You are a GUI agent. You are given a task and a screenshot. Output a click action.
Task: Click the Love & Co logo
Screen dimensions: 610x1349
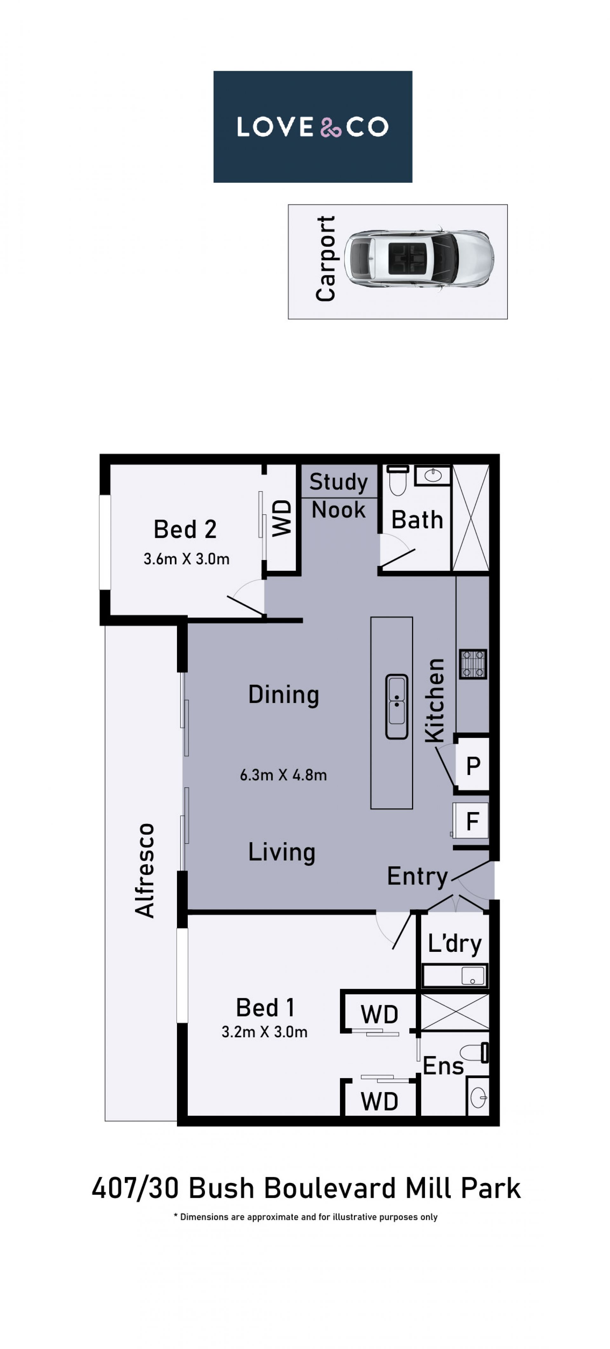coord(312,127)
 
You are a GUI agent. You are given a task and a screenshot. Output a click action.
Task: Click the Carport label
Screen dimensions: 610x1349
coord(325,259)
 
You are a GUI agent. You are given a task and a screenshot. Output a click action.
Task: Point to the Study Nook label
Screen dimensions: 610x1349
coord(339,495)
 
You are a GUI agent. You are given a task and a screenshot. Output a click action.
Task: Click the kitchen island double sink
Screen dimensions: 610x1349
coord(397,706)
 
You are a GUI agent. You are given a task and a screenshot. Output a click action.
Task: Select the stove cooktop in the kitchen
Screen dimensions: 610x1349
coord(473,664)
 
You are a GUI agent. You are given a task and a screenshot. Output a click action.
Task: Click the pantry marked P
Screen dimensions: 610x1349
coord(473,766)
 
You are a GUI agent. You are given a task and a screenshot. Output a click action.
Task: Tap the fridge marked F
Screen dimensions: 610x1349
coord(471,820)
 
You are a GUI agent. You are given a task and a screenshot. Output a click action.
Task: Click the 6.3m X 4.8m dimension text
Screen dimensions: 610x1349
coord(283,775)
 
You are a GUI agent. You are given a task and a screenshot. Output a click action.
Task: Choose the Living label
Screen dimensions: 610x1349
coord(282,852)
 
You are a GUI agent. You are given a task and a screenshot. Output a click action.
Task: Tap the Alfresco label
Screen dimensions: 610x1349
coord(145,870)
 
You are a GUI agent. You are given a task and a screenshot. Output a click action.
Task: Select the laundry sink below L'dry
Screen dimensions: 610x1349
coord(455,975)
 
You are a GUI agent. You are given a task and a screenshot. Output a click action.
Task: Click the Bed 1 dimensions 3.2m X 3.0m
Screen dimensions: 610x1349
coord(264,1032)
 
